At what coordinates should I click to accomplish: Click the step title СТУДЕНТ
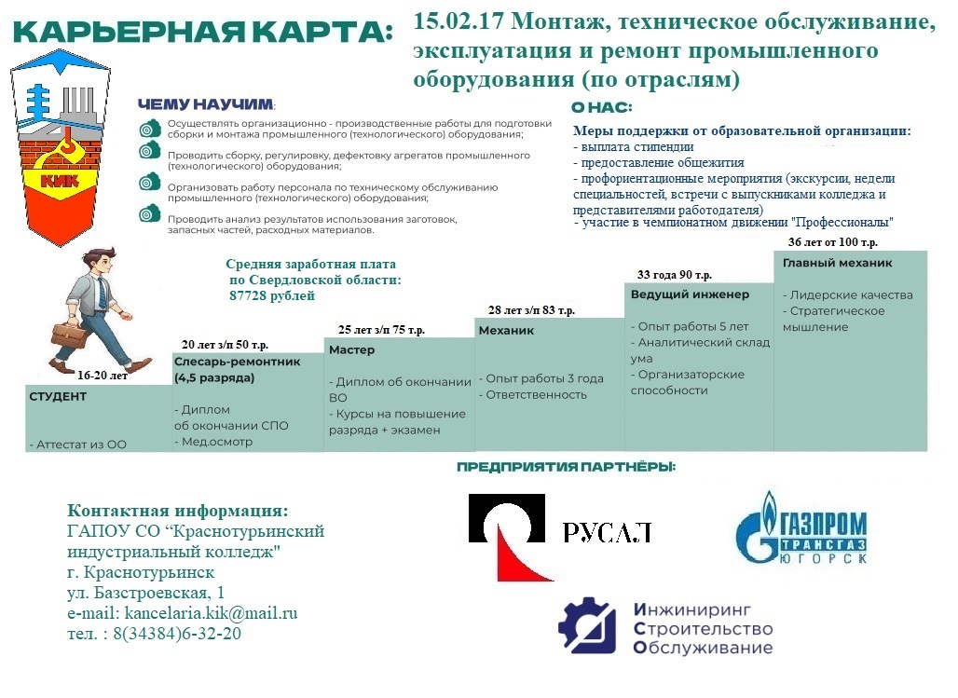point(58,396)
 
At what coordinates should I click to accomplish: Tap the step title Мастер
point(351,349)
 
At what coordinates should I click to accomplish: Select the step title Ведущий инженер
point(690,294)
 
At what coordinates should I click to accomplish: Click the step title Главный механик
point(837,264)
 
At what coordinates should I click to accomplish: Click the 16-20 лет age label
point(103,376)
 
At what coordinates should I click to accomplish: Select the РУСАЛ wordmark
point(607,532)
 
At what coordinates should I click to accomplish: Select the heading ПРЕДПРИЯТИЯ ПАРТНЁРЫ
point(566,466)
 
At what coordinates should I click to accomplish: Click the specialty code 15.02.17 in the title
point(458,21)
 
